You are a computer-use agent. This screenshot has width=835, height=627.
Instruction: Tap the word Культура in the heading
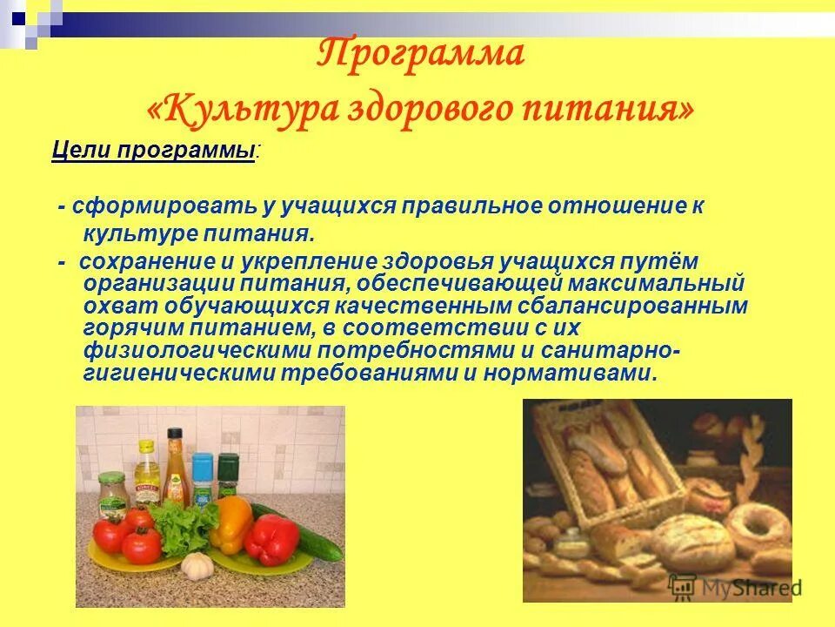pos(252,110)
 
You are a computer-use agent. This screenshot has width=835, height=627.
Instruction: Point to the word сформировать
pos(163,206)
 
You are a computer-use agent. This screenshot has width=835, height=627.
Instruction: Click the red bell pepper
pos(271,539)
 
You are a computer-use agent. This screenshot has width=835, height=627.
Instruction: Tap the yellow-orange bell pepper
pos(231,522)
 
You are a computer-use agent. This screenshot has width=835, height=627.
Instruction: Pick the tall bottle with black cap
pos(175,466)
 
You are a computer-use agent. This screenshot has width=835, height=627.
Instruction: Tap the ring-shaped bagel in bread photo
pos(757,526)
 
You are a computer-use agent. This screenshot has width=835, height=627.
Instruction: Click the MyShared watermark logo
pos(735,587)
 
